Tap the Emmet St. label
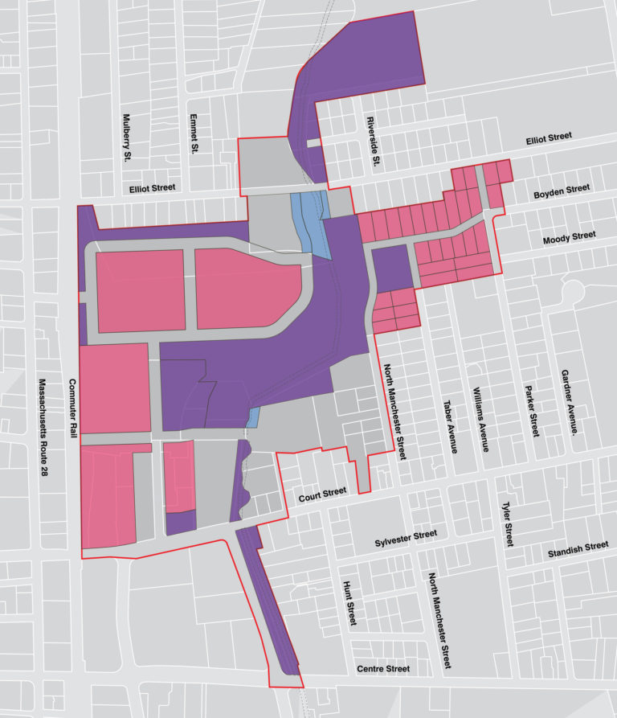click(194, 133)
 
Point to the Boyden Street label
click(562, 191)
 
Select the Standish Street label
click(578, 550)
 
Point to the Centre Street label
click(383, 669)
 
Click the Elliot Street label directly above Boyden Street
click(549, 137)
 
